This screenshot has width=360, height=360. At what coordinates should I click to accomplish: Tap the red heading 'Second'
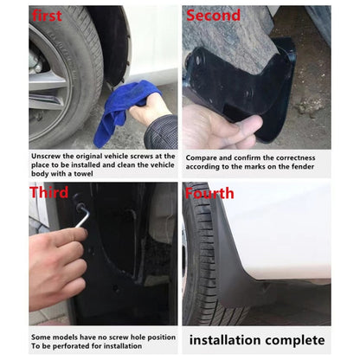(213, 16)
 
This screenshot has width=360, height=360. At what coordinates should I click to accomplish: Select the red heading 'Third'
(48, 192)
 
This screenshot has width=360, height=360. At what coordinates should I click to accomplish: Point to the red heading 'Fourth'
(209, 192)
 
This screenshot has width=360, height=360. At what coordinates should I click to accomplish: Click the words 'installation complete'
(258, 340)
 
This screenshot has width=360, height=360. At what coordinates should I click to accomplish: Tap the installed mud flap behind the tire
(227, 260)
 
